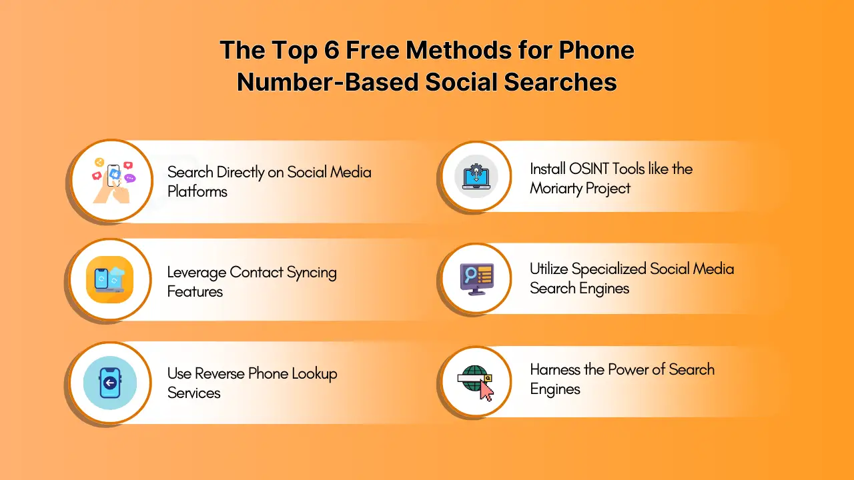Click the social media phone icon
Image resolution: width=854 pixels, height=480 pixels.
112,180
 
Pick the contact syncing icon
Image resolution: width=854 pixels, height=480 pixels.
110,280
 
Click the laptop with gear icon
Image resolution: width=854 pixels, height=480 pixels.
476,177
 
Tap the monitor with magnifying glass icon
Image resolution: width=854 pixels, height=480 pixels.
476,279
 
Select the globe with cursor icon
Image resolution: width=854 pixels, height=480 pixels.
476,381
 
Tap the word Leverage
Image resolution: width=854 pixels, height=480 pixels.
196,272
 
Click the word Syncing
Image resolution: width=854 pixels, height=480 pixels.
312,272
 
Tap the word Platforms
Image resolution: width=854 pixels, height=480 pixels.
197,191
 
